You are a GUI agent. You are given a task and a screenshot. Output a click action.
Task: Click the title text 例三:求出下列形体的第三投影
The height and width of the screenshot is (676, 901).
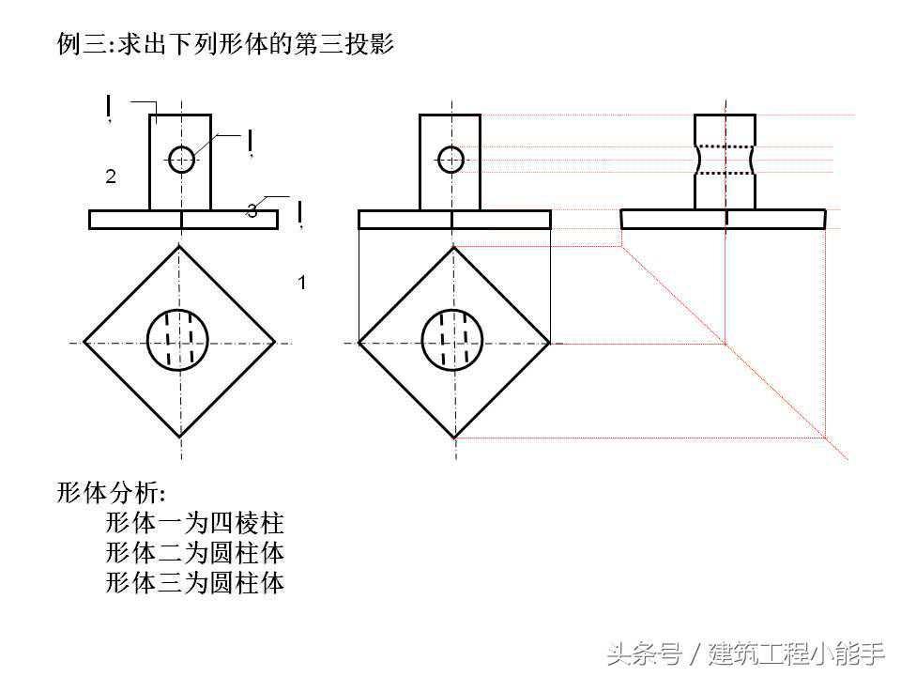(x=225, y=44)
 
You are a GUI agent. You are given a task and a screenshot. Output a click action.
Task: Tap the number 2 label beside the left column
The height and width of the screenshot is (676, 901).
(x=111, y=177)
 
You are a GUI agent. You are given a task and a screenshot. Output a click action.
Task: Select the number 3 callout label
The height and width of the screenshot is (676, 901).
(x=252, y=211)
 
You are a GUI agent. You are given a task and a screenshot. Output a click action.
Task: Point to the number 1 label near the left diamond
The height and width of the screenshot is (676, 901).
(x=301, y=282)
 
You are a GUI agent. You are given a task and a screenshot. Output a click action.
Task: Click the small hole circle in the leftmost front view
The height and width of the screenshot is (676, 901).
(x=181, y=160)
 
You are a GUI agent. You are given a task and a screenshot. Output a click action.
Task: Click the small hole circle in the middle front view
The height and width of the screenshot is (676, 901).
(x=451, y=160)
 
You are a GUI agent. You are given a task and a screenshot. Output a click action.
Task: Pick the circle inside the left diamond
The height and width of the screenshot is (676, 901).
(x=179, y=340)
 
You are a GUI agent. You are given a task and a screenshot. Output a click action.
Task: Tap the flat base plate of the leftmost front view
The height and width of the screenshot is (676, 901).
(x=183, y=219)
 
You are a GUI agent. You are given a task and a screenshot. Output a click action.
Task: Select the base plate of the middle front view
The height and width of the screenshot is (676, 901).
(x=454, y=219)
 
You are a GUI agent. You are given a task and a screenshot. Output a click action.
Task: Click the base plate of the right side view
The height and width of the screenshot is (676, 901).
(x=723, y=219)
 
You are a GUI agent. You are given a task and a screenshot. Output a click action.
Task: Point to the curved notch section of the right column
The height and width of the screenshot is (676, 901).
(x=725, y=160)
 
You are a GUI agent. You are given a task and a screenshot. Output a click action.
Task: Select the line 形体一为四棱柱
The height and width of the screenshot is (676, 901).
(x=194, y=523)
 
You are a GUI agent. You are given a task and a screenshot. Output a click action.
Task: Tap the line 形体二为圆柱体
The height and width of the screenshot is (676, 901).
(x=194, y=552)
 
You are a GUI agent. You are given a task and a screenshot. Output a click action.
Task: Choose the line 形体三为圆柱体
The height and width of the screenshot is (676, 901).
(x=194, y=583)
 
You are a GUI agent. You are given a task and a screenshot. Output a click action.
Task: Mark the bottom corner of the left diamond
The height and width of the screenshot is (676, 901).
(x=180, y=438)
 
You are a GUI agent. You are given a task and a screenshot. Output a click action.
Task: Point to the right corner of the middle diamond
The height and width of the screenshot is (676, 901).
(x=550, y=343)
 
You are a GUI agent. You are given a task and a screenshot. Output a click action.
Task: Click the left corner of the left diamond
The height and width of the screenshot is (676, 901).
(x=84, y=343)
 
